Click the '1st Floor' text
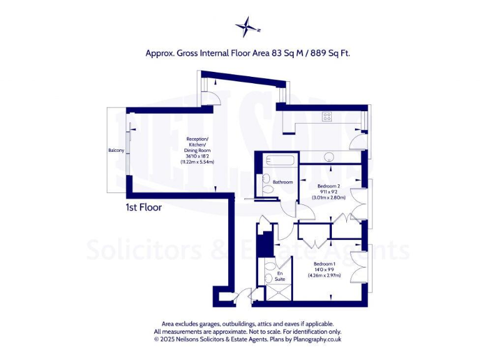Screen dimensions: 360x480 pos(143,207)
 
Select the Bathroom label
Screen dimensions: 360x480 pos(282,182)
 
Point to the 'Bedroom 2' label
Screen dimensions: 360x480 pos(329,186)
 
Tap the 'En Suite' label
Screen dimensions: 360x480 pos(279,276)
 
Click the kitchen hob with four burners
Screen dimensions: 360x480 pos(327,116)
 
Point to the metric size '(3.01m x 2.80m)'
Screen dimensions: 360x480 pos(329,197)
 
